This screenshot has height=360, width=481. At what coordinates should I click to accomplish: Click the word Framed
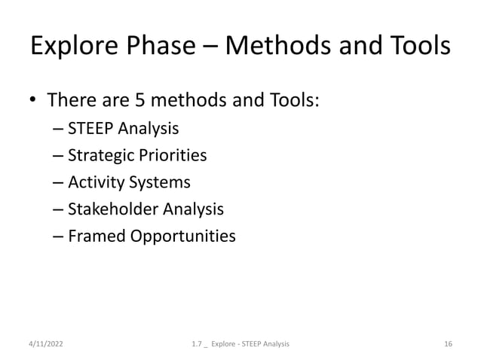click(93, 236)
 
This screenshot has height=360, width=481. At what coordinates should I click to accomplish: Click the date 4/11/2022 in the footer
click(42, 344)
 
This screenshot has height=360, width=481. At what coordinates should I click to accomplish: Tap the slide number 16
click(449, 344)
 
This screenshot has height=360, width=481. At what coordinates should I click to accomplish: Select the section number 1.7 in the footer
click(198, 344)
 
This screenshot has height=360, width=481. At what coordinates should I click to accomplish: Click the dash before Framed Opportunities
click(58, 236)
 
